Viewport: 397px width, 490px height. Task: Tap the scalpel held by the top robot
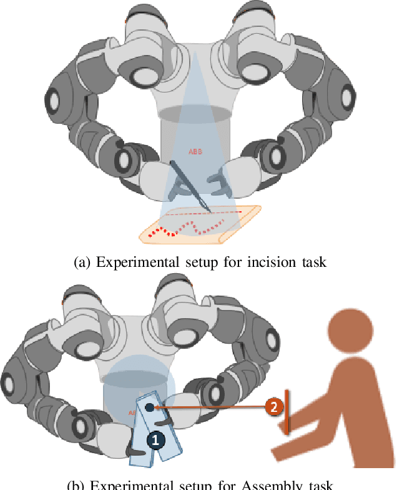click(190, 186)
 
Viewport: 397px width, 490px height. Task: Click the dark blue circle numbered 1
click(155, 440)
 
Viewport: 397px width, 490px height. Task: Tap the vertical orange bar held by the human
click(287, 412)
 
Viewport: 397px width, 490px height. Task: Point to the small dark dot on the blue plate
click(150, 407)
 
